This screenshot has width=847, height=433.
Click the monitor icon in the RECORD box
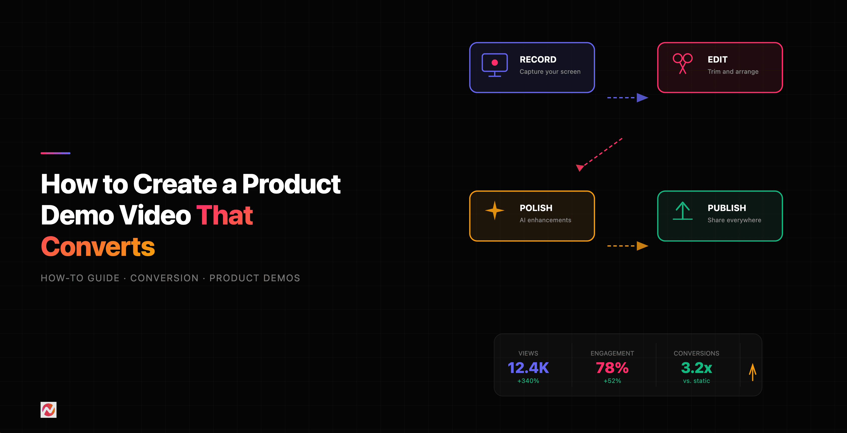point(494,65)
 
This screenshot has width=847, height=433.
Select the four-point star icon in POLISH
point(494,210)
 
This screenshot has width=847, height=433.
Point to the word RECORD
point(538,60)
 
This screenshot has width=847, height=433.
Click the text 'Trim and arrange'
point(733,72)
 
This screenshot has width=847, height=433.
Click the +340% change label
point(528,381)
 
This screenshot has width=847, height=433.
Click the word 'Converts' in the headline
point(98,247)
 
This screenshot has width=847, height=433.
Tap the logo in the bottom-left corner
point(48,410)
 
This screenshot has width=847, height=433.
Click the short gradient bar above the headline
point(55,153)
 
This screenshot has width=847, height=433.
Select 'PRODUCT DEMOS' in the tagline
point(254,278)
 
